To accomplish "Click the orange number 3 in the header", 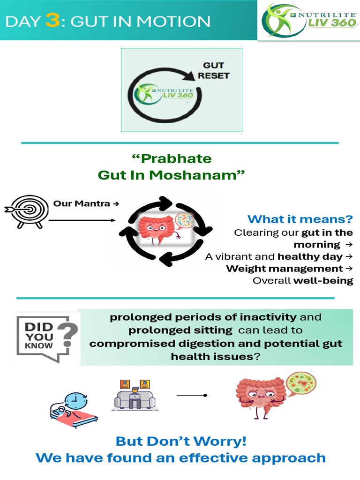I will tap(52, 22).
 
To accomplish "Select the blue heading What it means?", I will tap(300, 219).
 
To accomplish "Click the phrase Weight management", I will tap(285, 269).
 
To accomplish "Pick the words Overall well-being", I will tap(303, 281).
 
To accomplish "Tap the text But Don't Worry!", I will tap(181, 441).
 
